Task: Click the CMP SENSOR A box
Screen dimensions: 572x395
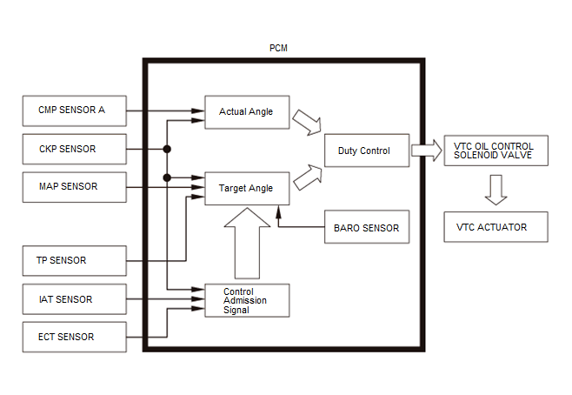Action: [75, 111]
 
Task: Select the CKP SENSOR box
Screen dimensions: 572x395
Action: [75, 149]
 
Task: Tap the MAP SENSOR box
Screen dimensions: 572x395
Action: [75, 187]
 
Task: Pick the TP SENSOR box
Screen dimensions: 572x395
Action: [75, 261]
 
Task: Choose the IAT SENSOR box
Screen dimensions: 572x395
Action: [75, 299]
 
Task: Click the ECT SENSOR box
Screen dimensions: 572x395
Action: [75, 337]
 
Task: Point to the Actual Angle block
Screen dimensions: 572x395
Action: [247, 112]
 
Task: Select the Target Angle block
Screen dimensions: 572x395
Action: [247, 189]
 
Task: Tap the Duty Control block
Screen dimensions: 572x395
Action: [367, 151]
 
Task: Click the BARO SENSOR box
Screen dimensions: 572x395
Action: [367, 227]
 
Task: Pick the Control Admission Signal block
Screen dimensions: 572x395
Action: [247, 300]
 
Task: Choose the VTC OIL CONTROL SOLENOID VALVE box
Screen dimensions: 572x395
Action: [496, 151]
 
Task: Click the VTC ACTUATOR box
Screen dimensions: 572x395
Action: [496, 227]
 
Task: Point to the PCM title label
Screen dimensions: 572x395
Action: [278, 48]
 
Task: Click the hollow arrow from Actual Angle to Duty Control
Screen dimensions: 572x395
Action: [307, 123]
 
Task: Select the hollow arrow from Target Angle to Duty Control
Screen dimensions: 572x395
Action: [308, 177]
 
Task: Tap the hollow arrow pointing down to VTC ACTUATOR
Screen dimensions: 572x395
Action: [496, 190]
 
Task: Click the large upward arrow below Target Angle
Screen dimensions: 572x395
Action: [247, 244]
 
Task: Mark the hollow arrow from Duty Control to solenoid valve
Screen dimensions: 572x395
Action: [427, 151]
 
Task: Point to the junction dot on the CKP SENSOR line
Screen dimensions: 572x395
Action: [167, 149]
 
